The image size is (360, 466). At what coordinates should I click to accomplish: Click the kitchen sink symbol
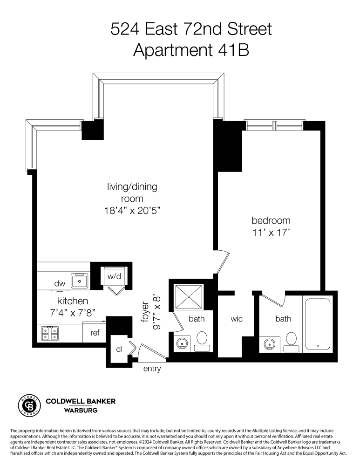coord(80,281)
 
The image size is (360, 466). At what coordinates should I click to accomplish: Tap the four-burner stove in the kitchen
coord(49,334)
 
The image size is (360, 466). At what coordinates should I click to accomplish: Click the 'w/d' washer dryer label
coord(114,276)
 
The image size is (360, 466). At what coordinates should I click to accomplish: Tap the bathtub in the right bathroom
coord(317,324)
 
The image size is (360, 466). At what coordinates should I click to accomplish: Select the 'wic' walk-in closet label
coord(237,319)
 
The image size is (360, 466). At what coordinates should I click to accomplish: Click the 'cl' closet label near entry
coord(119,349)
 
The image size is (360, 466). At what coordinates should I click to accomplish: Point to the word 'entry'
coord(152,369)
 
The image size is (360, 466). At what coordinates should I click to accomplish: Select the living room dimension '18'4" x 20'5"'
coord(132,211)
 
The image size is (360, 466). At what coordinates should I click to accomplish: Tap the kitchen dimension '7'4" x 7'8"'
coord(73,313)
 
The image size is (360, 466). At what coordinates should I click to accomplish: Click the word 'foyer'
coord(145,314)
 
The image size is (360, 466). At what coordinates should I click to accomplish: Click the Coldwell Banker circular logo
coord(28,405)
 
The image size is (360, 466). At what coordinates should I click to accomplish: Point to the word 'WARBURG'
coord(80,411)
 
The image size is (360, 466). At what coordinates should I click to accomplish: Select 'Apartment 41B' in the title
coord(191,50)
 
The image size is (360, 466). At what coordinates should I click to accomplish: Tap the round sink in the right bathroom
coord(269,344)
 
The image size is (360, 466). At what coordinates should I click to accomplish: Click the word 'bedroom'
coord(271,220)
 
